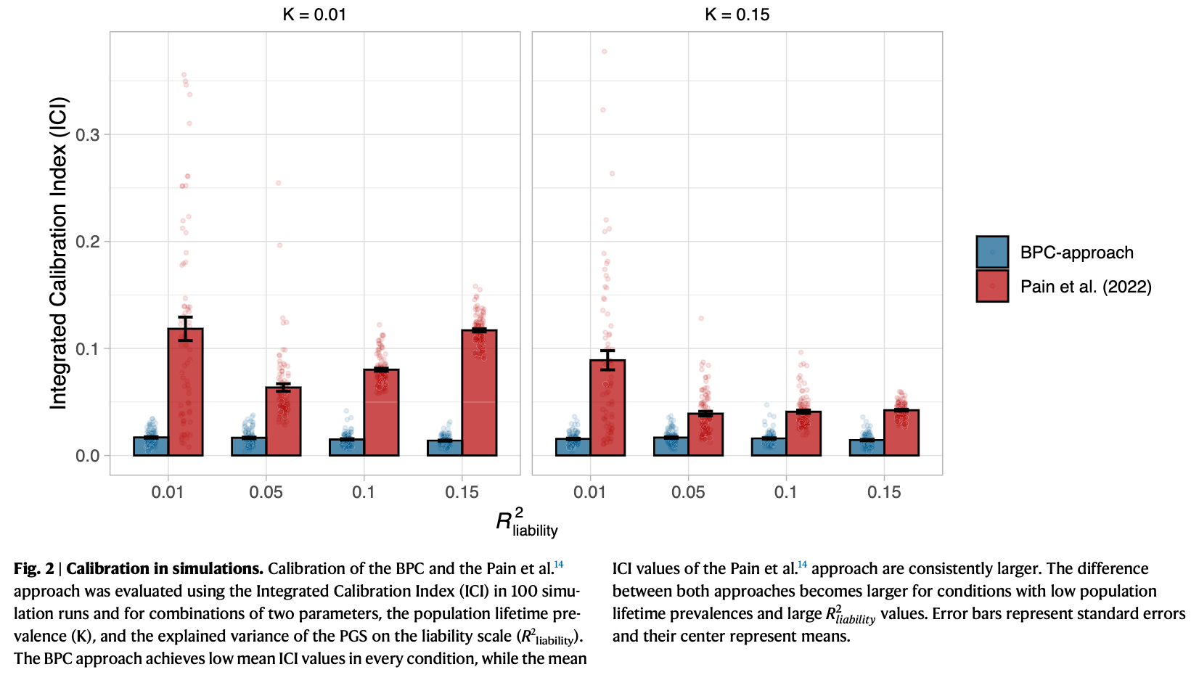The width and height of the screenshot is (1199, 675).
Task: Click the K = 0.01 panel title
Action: [314, 15]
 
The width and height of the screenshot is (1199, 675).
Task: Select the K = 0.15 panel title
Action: [737, 15]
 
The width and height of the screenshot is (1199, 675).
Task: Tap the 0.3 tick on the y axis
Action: [88, 135]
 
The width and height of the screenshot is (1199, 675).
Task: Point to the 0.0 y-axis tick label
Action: [88, 456]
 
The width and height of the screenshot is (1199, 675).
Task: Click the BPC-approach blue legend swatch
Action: [992, 252]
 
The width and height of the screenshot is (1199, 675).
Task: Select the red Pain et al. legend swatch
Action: [992, 286]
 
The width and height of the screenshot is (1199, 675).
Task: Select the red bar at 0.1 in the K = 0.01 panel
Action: [381, 413]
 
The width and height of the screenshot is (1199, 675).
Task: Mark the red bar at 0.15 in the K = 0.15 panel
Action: [901, 433]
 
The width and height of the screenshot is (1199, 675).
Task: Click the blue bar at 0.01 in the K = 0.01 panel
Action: [151, 446]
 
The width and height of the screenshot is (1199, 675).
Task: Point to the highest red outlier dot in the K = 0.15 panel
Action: [604, 52]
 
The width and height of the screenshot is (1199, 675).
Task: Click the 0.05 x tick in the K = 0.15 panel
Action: [688, 492]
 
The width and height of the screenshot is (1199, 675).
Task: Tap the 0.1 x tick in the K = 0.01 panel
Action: [364, 492]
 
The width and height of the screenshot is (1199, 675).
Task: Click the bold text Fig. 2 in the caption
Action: [33, 569]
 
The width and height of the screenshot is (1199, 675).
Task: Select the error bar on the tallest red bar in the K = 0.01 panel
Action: [185, 328]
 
